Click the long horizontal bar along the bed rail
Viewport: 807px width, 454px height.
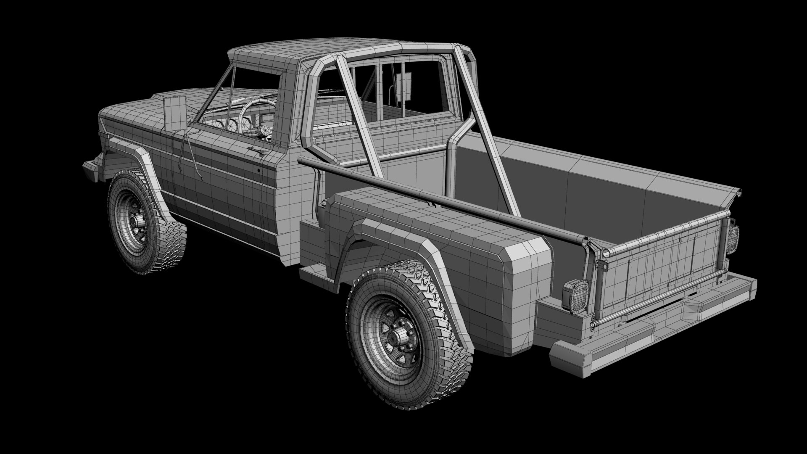point(441,198)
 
